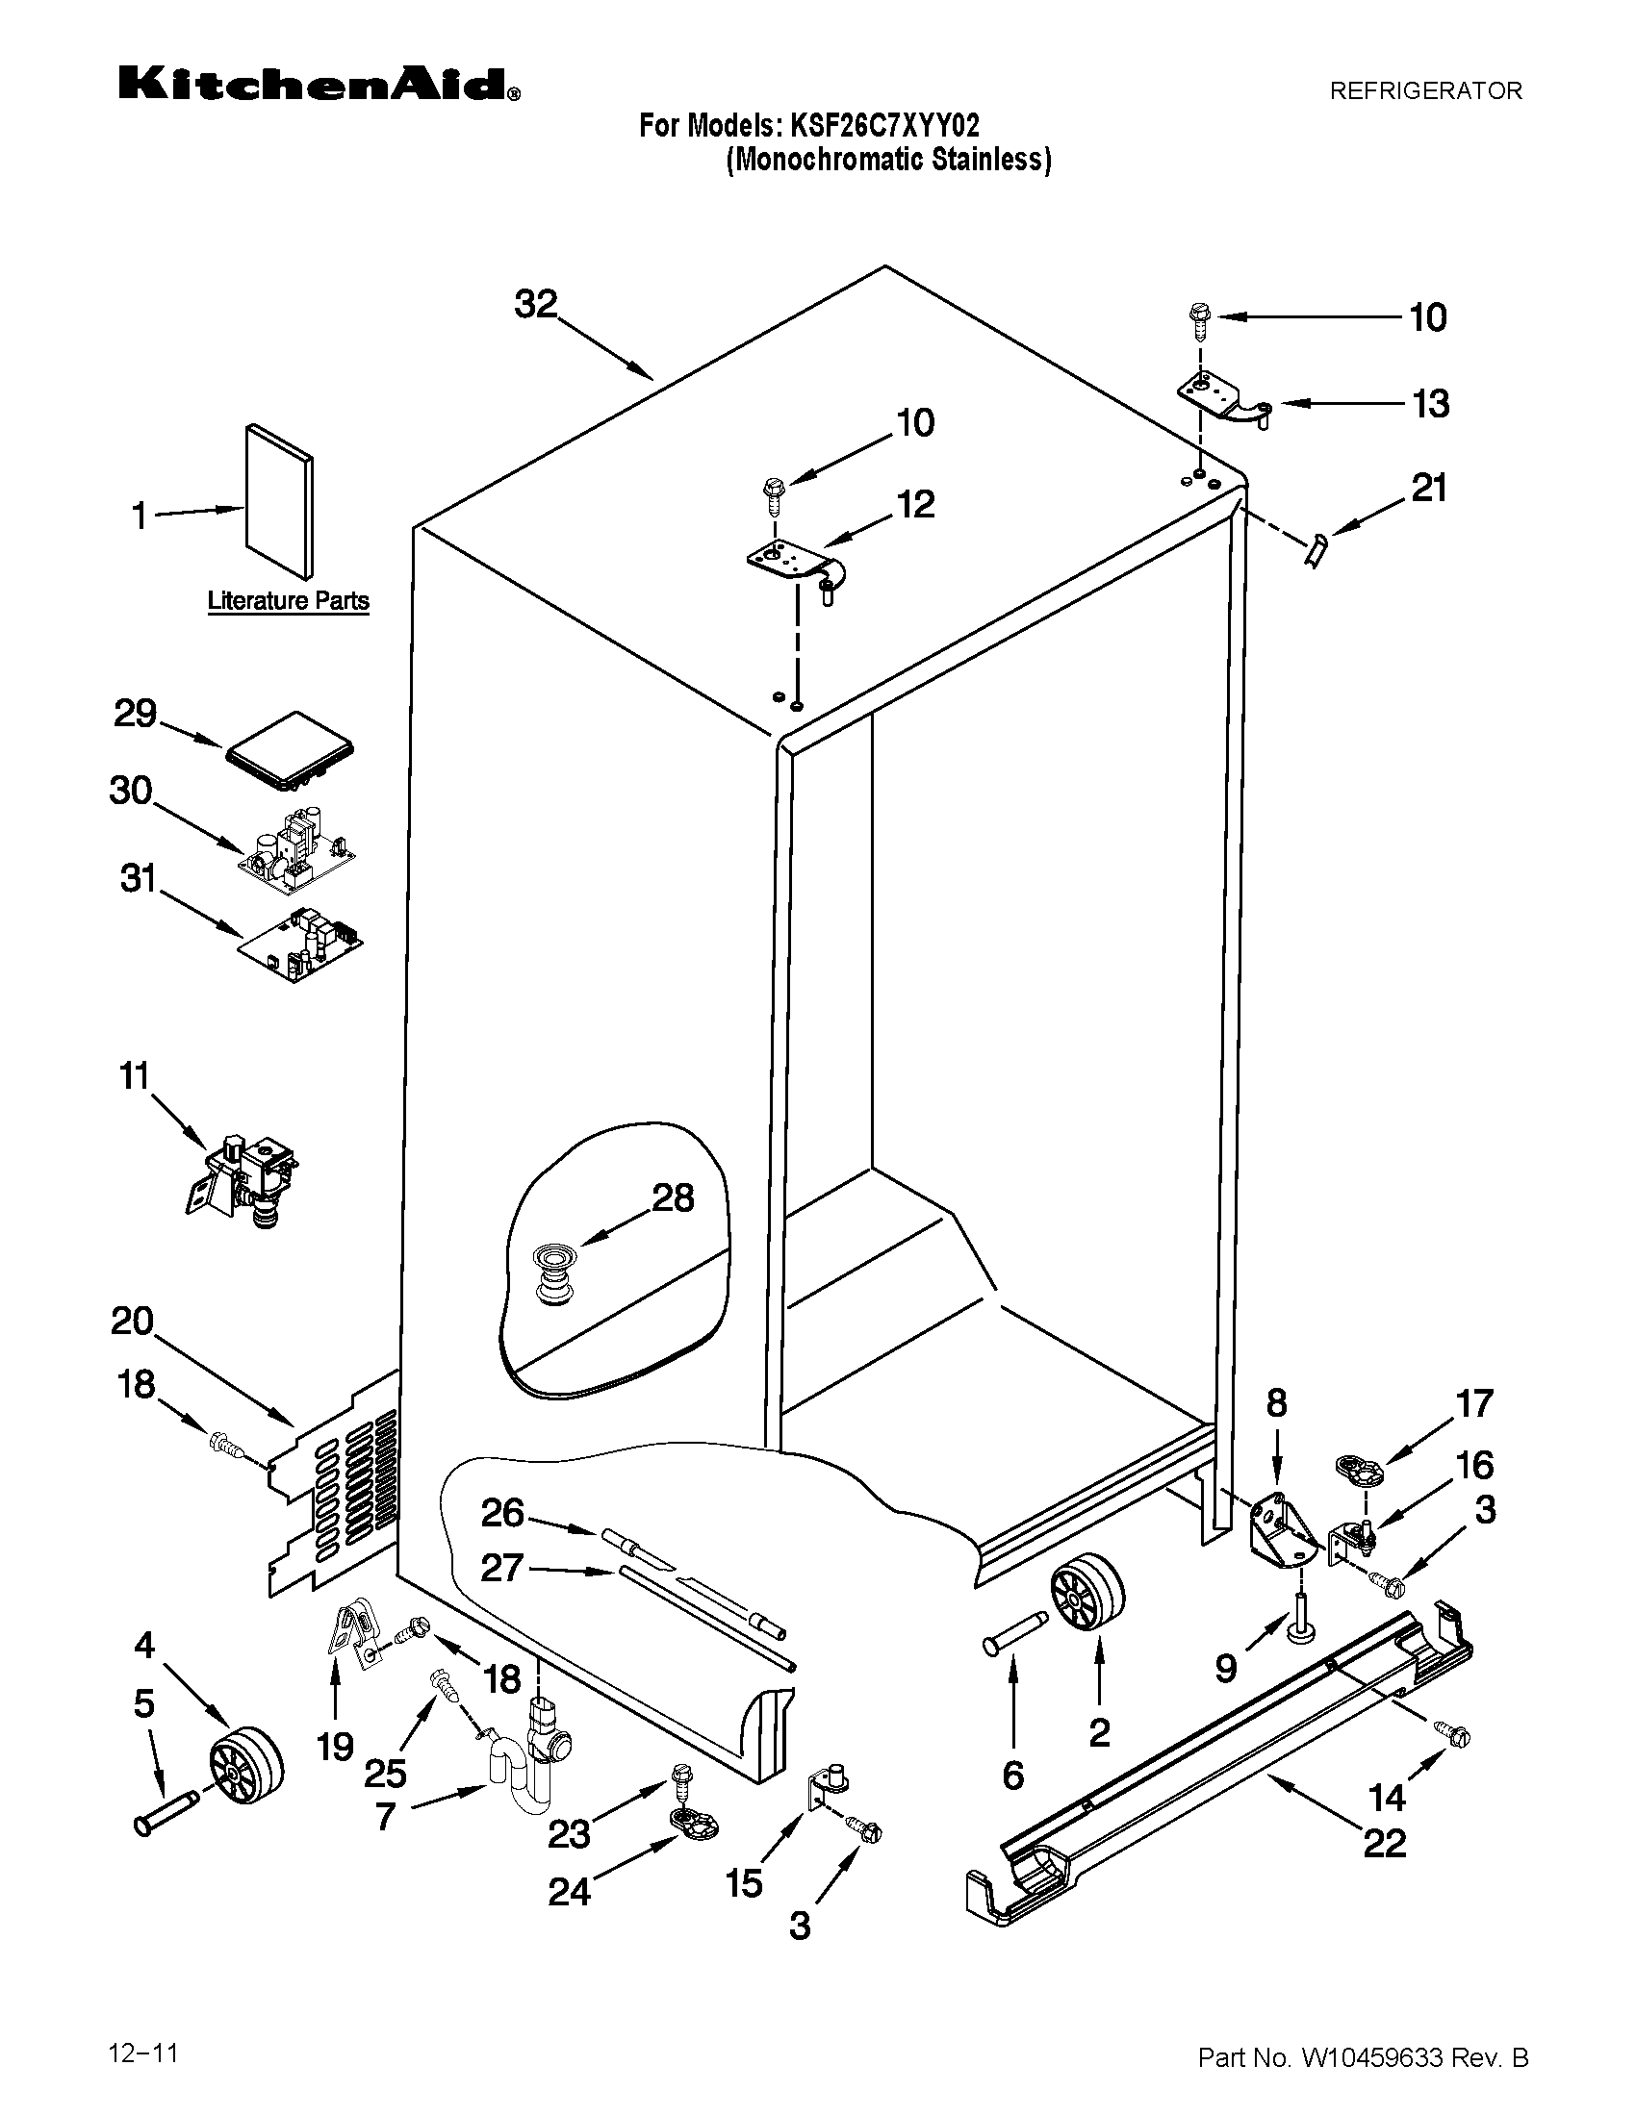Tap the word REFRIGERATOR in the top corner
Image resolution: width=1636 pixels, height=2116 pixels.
(x=1425, y=91)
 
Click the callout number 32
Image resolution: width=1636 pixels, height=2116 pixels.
(x=536, y=304)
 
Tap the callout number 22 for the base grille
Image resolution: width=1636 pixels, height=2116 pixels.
(x=1384, y=1843)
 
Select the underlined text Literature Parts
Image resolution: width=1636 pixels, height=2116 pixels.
(x=288, y=601)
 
